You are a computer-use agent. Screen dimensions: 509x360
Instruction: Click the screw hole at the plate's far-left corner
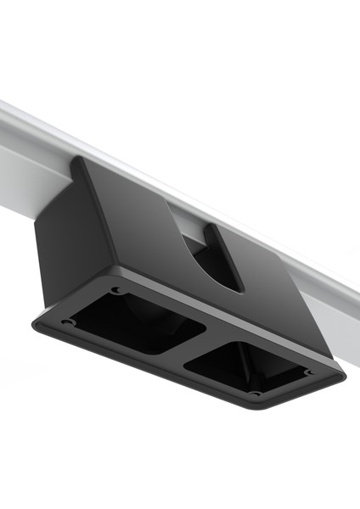[x=65, y=322]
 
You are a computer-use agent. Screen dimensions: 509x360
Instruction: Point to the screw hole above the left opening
[x=116, y=291]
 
